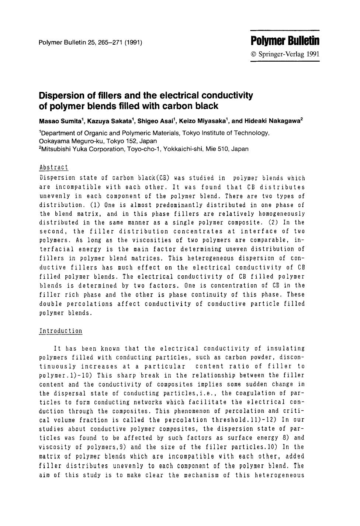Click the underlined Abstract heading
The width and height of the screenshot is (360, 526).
53,167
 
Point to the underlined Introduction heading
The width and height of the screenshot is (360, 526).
60,331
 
